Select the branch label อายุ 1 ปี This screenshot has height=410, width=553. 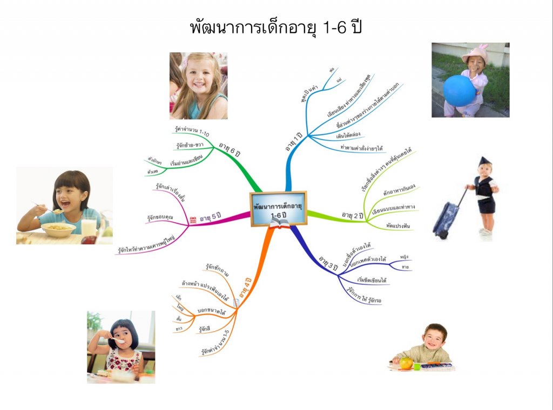[294, 141]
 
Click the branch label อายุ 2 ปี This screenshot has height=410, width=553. [353, 215]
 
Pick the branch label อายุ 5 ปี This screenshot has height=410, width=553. [211, 218]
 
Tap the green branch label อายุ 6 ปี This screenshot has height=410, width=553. [230, 148]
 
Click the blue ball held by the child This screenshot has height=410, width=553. [459, 90]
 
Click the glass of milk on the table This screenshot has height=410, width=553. [89, 227]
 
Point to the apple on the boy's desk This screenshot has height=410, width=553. [406, 363]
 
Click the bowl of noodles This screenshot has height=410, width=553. [58, 229]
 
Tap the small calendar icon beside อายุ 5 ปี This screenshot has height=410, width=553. [193, 220]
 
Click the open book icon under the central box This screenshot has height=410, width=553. [280, 223]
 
